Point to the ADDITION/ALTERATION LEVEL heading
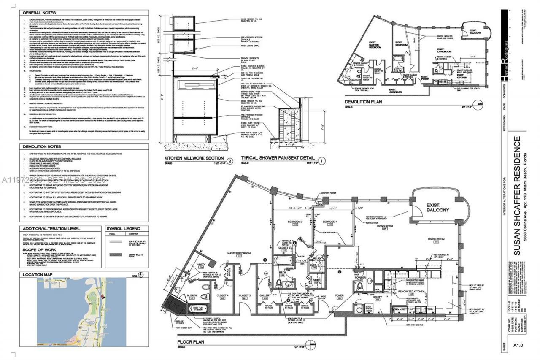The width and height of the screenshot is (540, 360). tap(51, 228)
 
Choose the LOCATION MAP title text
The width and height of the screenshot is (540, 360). tap(36, 275)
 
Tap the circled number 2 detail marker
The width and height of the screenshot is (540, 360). tap(230, 161)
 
